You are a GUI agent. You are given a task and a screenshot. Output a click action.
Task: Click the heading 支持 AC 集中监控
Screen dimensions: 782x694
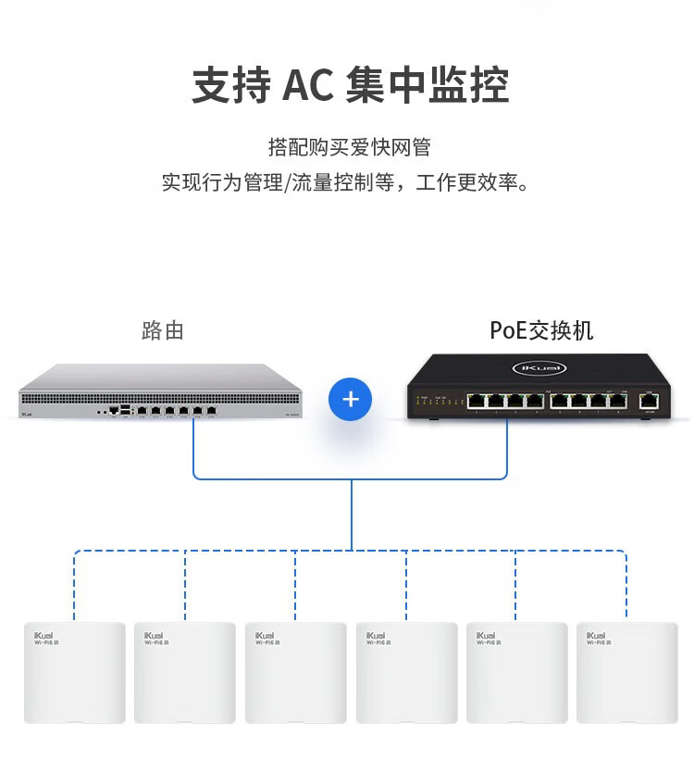point(350,85)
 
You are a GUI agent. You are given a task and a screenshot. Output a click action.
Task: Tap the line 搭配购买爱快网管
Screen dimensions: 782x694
point(349,147)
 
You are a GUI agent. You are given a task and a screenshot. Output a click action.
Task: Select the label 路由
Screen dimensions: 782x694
point(163,330)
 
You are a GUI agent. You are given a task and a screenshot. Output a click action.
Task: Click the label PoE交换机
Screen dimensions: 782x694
point(541,330)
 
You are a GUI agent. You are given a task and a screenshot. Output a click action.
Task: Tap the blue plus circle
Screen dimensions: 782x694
point(350,400)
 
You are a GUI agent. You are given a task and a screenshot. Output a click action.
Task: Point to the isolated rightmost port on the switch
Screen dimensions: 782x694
point(650,401)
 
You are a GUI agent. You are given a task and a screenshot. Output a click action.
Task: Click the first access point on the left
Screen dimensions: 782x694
point(75,672)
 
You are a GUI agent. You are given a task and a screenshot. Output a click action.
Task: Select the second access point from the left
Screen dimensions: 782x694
point(185,672)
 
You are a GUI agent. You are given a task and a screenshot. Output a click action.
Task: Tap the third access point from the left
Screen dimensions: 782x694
point(295,672)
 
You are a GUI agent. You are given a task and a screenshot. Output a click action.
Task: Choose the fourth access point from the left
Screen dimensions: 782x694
point(406,672)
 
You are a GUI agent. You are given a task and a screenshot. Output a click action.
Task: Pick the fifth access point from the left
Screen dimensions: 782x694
point(516,672)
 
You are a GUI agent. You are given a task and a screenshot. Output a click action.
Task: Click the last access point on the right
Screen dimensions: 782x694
point(626,672)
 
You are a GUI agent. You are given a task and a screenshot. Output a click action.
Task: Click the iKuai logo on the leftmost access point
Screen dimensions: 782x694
point(46,636)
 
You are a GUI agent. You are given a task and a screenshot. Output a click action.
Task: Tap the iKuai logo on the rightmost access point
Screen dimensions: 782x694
point(598,636)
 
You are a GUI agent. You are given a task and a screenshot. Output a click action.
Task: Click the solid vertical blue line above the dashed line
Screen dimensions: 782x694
point(351,515)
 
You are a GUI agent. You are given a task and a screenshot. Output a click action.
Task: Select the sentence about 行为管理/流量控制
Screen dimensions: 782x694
point(349,182)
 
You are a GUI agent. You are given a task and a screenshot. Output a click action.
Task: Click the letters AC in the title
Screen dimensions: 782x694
point(306,86)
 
